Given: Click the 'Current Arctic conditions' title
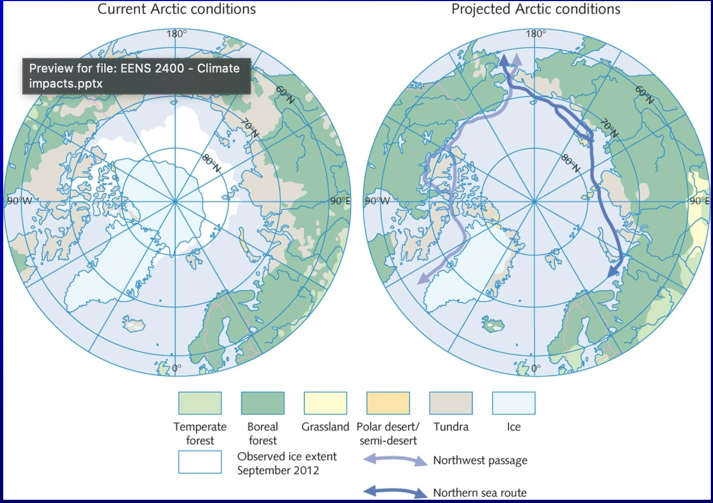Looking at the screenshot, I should click(x=177, y=9).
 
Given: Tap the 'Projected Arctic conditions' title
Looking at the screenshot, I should click(x=536, y=9).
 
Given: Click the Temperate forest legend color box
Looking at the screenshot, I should click(x=200, y=403).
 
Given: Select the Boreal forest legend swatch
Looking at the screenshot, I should click(x=263, y=403).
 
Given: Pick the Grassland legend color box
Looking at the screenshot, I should click(x=325, y=403).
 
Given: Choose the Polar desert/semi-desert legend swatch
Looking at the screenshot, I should click(x=388, y=403).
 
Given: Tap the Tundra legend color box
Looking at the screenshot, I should click(x=450, y=403).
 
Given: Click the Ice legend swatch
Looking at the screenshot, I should click(x=514, y=403).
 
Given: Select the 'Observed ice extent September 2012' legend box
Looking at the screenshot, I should click(x=200, y=462).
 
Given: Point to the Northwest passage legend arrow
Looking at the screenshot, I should click(x=395, y=460).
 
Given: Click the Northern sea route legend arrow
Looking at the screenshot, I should click(x=395, y=492).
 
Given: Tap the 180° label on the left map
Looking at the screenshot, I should click(x=177, y=34).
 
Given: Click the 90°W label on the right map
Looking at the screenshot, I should click(x=377, y=201).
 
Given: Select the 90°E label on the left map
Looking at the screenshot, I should click(x=340, y=201).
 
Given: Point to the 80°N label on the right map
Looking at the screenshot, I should click(x=570, y=163).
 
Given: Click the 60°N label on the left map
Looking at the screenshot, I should click(x=285, y=95).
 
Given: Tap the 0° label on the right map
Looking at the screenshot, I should click(x=535, y=368).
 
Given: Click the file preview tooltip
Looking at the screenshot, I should click(x=136, y=76).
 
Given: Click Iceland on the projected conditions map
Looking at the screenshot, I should click(x=493, y=326).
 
